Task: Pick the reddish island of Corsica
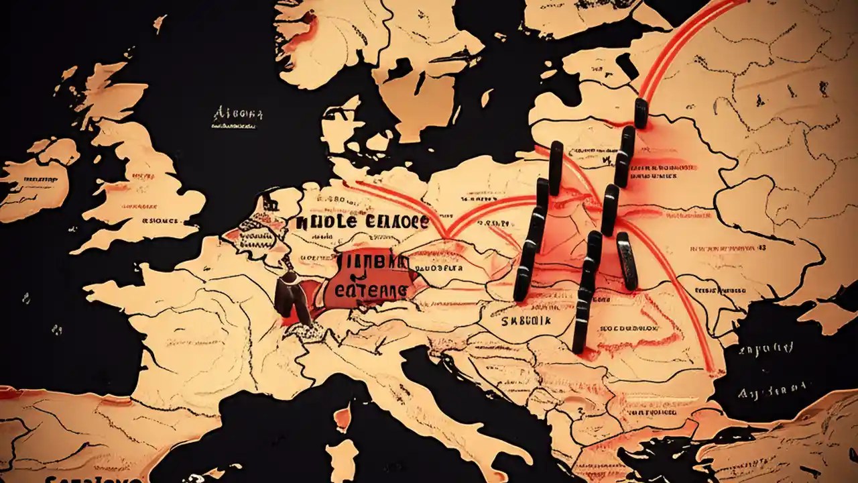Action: [x=343, y=417]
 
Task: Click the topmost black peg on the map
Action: [x=640, y=113]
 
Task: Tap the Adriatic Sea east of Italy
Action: [x=456, y=389]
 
